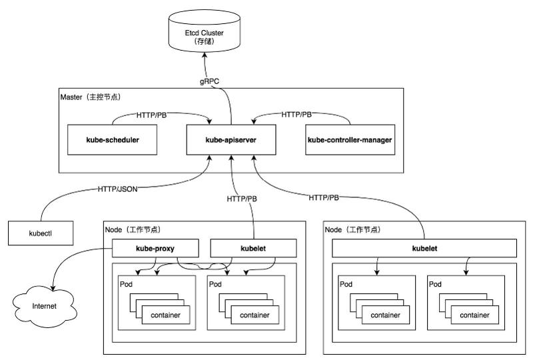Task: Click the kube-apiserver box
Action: coord(231,141)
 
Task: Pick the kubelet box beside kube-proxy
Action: coord(253,248)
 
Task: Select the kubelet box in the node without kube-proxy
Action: coord(424,248)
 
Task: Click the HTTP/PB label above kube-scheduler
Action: coord(151,115)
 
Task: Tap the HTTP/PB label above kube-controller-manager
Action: coord(296,115)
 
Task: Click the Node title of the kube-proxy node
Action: coord(134,229)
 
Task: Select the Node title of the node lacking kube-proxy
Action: coord(353,229)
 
